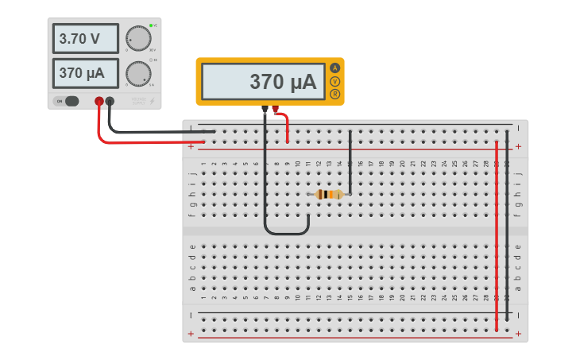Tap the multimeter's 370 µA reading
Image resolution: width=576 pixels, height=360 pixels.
pyautogui.click(x=262, y=82)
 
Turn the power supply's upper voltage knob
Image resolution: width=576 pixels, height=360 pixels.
pyautogui.click(x=138, y=38)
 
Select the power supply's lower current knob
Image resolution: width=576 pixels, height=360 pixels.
pyautogui.click(x=138, y=73)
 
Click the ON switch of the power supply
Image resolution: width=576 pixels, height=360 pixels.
pyautogui.click(x=68, y=101)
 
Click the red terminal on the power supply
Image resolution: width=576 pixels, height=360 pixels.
pyautogui.click(x=99, y=101)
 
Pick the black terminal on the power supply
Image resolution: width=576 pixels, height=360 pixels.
pyautogui.click(x=110, y=101)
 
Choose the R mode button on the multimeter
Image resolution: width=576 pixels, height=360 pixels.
pyautogui.click(x=335, y=95)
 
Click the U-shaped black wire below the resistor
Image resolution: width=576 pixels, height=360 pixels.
pyautogui.click(x=286, y=234)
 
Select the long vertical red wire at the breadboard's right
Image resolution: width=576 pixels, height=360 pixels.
pyautogui.click(x=497, y=238)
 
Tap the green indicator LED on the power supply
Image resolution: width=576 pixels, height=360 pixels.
pyautogui.click(x=150, y=26)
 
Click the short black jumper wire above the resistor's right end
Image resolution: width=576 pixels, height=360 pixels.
pyautogui.click(x=350, y=163)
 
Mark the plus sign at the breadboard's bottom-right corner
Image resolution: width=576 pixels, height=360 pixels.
pyautogui.click(x=518, y=334)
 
